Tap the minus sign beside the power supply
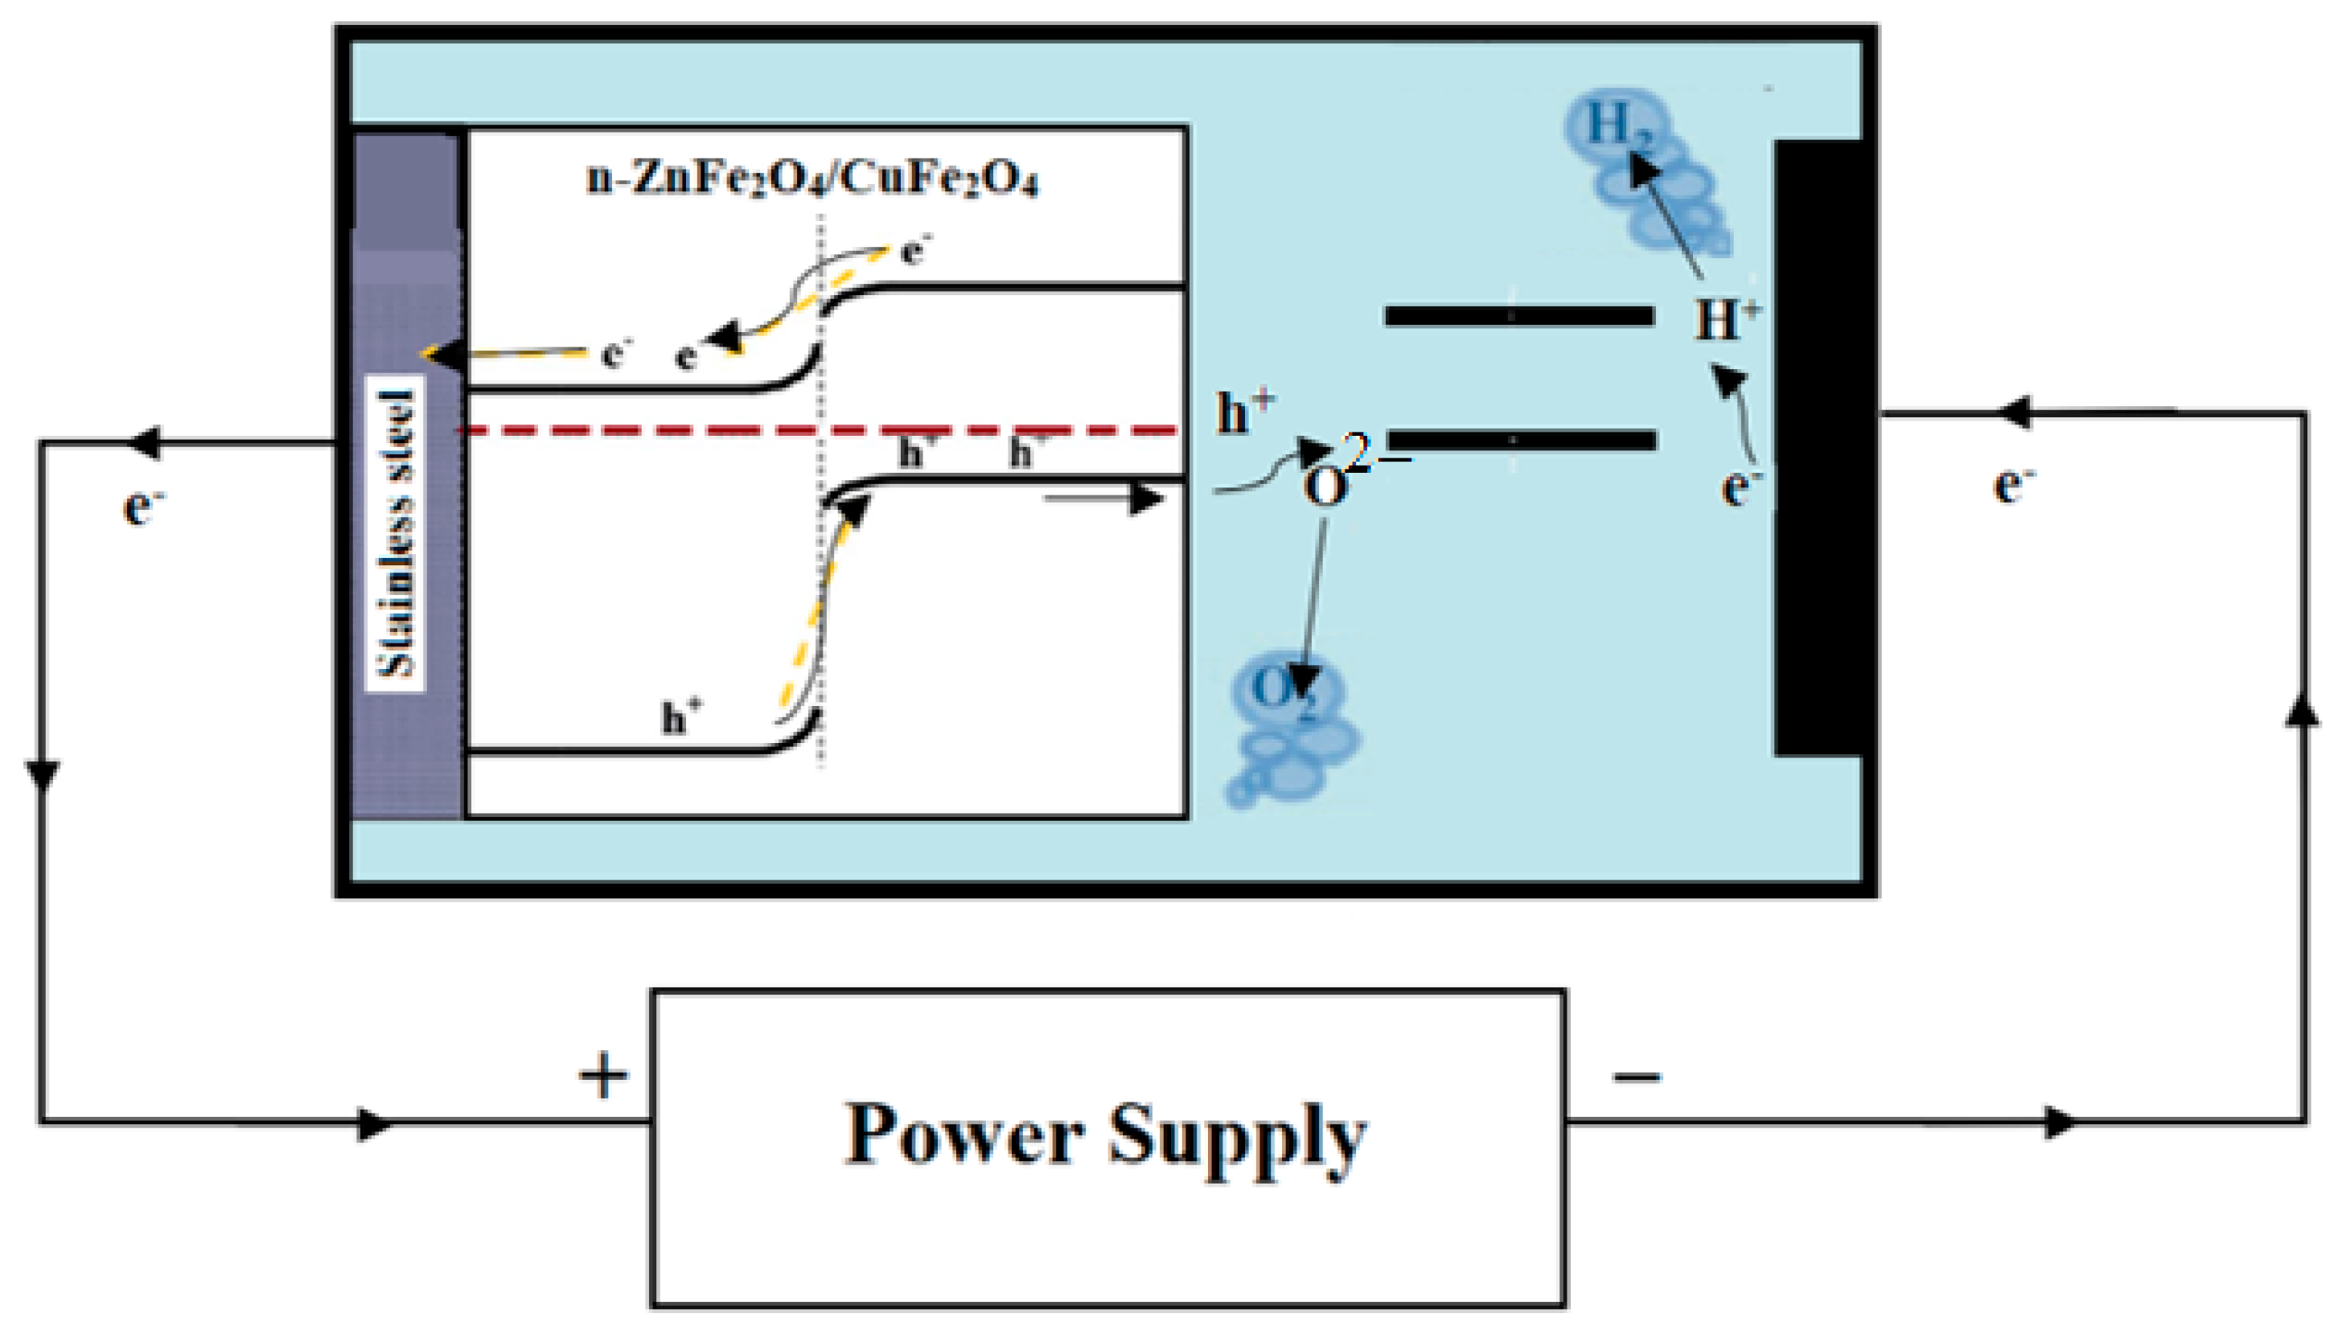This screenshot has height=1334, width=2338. pyautogui.click(x=1637, y=1077)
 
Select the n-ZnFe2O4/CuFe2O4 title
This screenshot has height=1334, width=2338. pyautogui.click(x=812, y=179)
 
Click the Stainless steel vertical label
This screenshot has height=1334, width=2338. pyautogui.click(x=396, y=534)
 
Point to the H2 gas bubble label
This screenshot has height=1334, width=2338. pyautogui.click(x=1617, y=126)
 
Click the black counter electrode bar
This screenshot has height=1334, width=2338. pyautogui.click(x=1818, y=449)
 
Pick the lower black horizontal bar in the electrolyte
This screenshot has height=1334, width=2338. pyautogui.click(x=1521, y=441)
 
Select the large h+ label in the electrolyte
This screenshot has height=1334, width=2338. pyautogui.click(x=1244, y=414)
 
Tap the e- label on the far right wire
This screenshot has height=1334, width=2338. pyautogui.click(x=2013, y=484)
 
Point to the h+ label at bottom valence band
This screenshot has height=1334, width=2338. pyautogui.click(x=681, y=717)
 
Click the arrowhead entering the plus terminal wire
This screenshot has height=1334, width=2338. pyautogui.click(x=374, y=1123)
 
